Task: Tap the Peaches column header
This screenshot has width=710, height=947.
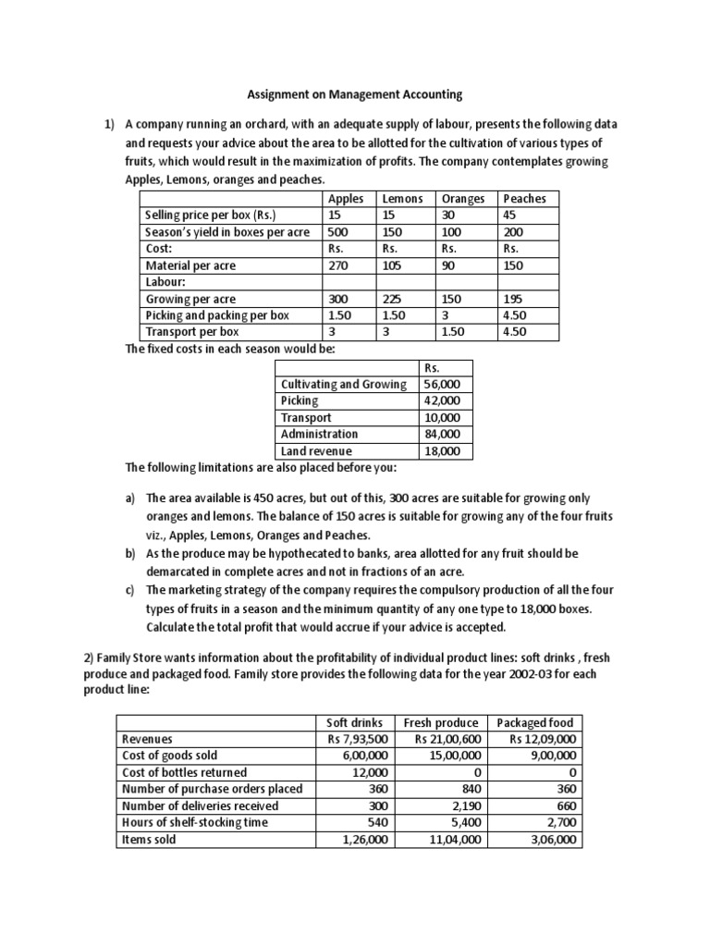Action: [x=524, y=198]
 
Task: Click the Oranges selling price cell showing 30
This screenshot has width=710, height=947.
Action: [x=450, y=215]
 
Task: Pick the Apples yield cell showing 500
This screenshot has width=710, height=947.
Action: [x=340, y=231]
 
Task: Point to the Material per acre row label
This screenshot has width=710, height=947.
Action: [x=190, y=265]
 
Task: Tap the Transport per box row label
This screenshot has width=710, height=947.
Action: [x=192, y=332]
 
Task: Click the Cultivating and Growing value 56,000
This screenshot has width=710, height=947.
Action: [x=441, y=384]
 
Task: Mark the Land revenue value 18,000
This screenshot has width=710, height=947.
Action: [x=441, y=451]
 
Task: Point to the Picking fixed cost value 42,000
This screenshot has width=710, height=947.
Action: [x=441, y=400]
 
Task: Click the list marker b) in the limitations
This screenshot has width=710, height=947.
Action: [x=131, y=553]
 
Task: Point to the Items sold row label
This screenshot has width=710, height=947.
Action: [x=149, y=840]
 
